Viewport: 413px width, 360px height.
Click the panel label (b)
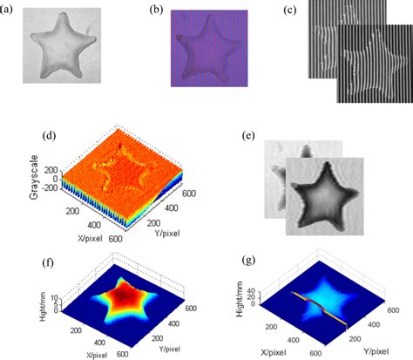(155, 10)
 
